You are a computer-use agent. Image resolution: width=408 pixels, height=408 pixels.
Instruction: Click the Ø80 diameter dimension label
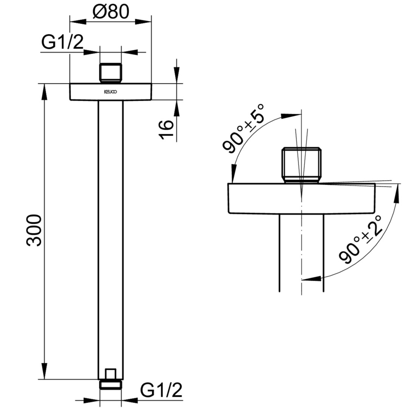[111, 12]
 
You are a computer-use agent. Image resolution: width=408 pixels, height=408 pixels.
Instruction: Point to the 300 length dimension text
[34, 230]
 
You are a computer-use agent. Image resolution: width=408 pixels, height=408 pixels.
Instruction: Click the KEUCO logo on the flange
[110, 92]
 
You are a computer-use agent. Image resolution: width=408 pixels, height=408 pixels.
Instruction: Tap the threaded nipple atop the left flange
[111, 73]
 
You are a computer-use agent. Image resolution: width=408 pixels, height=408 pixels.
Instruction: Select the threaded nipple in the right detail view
[301, 165]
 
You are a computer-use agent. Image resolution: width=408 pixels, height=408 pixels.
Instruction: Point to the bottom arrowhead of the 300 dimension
[45, 371]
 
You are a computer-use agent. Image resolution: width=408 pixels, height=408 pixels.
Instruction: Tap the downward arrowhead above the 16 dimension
[177, 76]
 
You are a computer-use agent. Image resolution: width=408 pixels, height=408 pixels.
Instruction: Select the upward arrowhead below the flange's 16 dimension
[177, 108]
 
